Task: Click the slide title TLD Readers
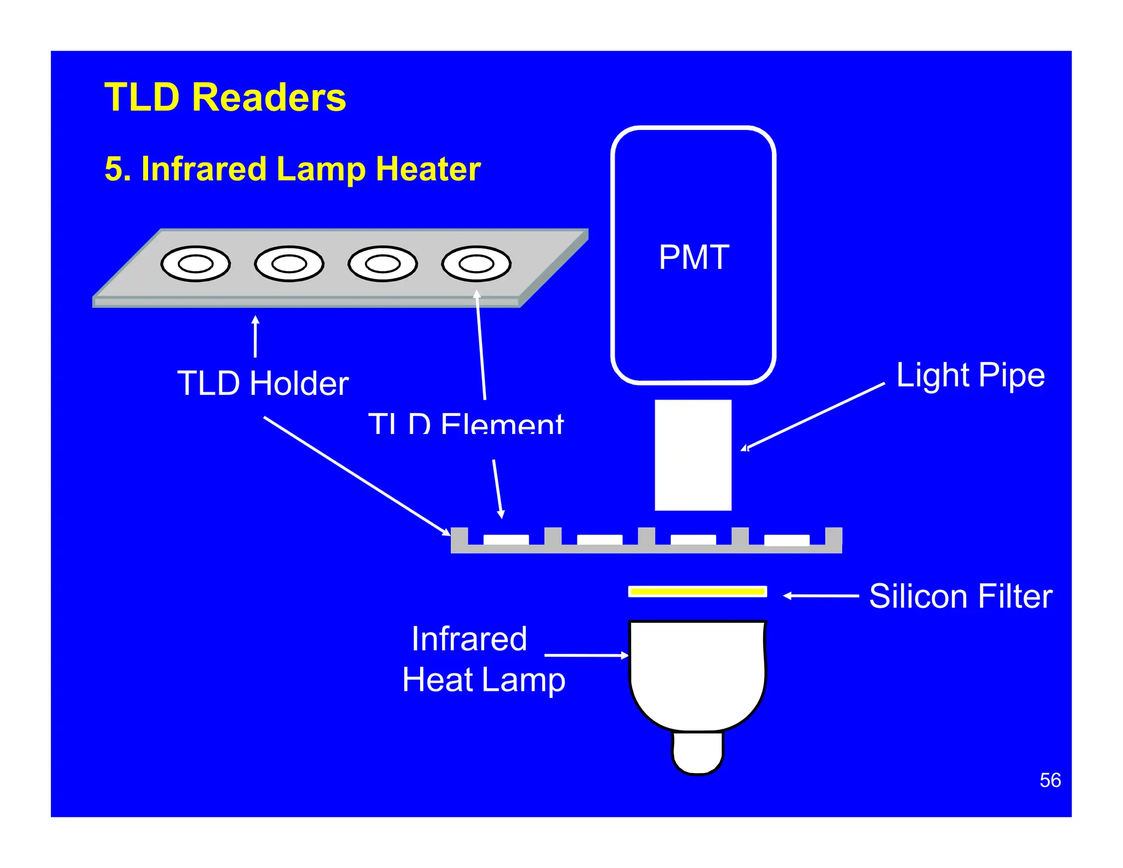pos(225,97)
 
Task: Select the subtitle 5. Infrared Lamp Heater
pos(292,168)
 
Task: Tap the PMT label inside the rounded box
pos(694,257)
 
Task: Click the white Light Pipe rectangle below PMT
pos(693,455)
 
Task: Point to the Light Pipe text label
pos(970,375)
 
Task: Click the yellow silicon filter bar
pos(697,591)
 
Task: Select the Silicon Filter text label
pos(960,596)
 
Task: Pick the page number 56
pos(1050,780)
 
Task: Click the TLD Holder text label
pos(263,383)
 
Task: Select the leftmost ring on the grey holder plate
pos(195,264)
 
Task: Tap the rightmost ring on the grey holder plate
pos(476,264)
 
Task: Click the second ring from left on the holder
pos(289,264)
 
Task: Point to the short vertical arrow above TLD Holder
pos(255,336)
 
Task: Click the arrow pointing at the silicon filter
pos(820,595)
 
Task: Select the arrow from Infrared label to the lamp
pos(586,655)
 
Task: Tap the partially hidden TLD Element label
pos(466,423)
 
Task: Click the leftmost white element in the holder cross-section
pos(506,539)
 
